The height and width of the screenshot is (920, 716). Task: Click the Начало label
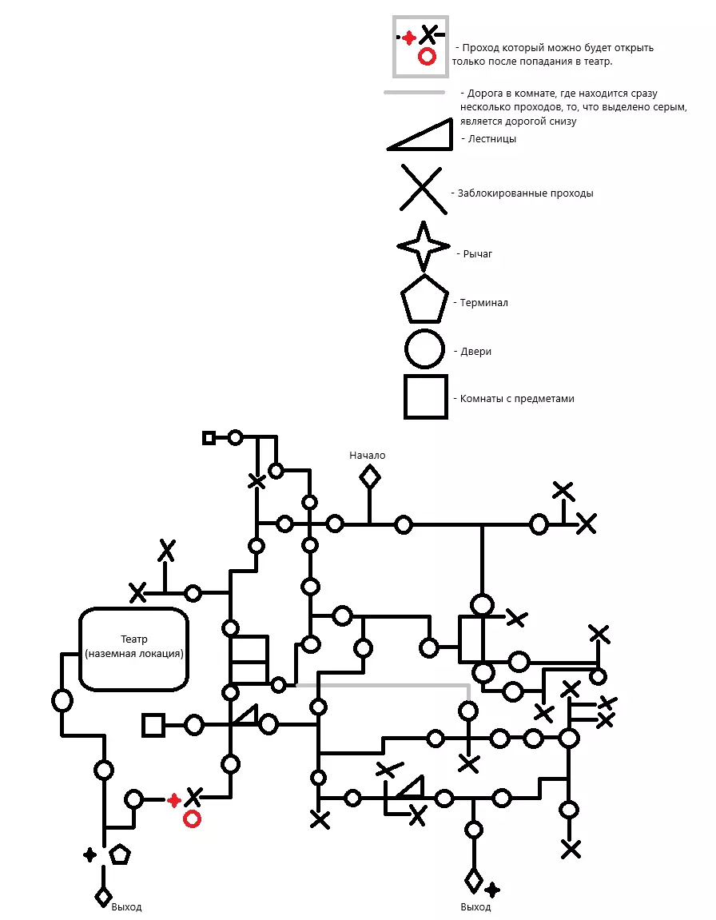pyautogui.click(x=368, y=456)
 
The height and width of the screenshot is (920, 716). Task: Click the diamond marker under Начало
pyautogui.click(x=369, y=477)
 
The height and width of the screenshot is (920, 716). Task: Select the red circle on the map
pyautogui.click(x=192, y=818)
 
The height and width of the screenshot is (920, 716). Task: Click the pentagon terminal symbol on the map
pyautogui.click(x=120, y=854)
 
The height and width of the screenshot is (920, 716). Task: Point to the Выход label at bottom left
pyautogui.click(x=127, y=907)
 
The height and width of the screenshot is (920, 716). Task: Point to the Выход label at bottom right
pyautogui.click(x=476, y=907)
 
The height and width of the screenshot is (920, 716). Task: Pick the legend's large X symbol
pyautogui.click(x=424, y=189)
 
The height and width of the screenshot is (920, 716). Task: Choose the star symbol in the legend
pyautogui.click(x=424, y=246)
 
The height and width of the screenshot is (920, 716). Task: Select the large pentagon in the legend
pyautogui.click(x=424, y=300)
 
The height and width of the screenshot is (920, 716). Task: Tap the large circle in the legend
pyautogui.click(x=424, y=350)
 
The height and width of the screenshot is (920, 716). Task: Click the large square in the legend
pyautogui.click(x=424, y=397)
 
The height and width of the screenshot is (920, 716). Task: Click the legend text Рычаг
pyautogui.click(x=478, y=254)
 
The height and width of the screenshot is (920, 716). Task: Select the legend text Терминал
pyautogui.click(x=484, y=303)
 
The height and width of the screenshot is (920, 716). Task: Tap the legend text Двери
pyautogui.click(x=478, y=351)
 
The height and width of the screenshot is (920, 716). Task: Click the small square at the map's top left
pyautogui.click(x=209, y=437)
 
